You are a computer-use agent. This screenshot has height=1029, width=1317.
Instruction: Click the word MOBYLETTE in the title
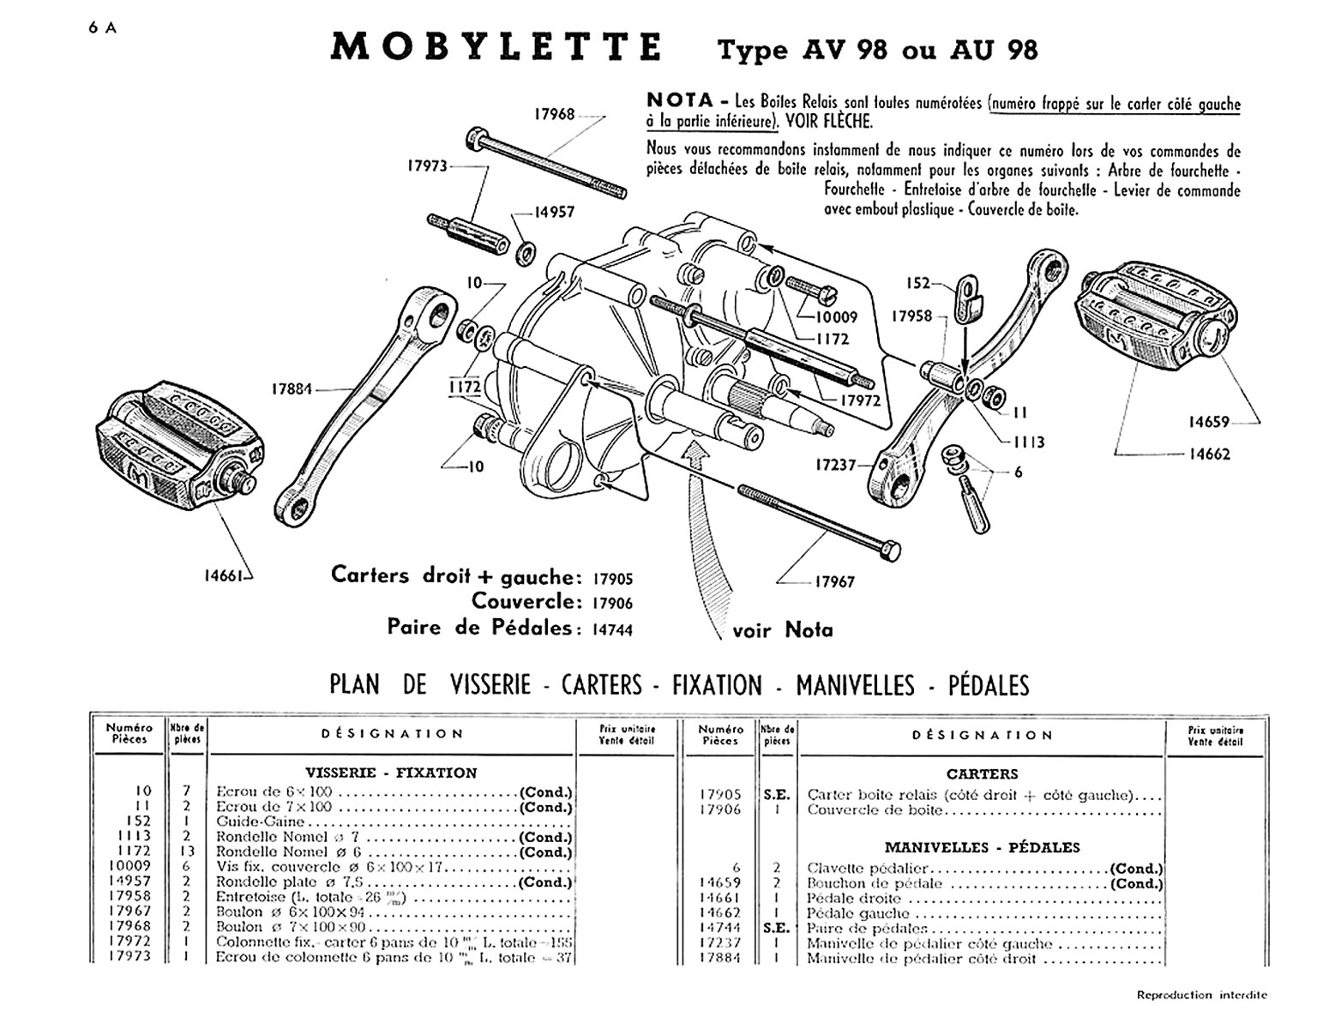496,47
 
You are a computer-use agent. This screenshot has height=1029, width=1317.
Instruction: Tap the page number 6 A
102,27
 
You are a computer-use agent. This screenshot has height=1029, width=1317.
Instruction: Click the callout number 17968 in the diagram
555,113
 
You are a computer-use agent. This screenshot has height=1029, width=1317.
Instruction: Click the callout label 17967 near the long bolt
834,581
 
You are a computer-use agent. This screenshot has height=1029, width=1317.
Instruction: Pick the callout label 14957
555,212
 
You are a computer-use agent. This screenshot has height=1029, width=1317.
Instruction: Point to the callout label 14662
1209,454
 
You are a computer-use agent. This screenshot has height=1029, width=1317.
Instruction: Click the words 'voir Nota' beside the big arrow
782,630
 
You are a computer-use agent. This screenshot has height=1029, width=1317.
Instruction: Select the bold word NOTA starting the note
680,100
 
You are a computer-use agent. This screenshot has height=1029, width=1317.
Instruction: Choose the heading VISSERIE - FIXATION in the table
391,773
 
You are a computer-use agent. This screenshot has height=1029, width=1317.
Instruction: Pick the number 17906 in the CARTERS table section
720,809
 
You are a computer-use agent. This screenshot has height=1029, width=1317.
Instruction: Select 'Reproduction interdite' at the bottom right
1201,996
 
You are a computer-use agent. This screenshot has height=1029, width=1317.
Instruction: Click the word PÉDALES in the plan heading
988,685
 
